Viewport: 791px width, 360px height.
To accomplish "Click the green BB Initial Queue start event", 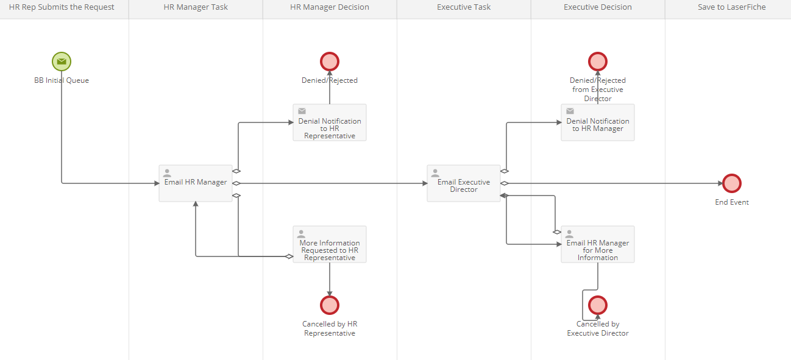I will tap(62, 62).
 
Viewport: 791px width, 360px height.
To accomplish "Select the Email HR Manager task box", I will tap(196, 183).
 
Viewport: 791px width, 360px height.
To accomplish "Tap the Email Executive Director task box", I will tap(464, 183).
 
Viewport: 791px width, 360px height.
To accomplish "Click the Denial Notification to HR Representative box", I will tap(330, 122).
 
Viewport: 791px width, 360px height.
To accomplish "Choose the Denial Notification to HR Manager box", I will tap(598, 122).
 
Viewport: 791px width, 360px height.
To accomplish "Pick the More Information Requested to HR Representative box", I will tap(330, 244).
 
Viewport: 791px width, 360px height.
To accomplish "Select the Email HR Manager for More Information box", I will tap(598, 244).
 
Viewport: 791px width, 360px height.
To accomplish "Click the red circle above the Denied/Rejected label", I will tap(330, 62).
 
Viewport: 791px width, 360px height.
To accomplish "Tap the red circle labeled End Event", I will tap(732, 183).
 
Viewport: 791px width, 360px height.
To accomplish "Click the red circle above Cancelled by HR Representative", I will tap(330, 305).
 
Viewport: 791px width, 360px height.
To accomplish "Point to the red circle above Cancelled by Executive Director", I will tap(598, 305).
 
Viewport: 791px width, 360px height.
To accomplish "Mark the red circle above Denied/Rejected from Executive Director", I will tap(598, 62).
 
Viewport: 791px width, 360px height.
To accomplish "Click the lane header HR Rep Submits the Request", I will tap(62, 7).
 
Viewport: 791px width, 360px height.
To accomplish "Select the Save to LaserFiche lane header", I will tap(732, 7).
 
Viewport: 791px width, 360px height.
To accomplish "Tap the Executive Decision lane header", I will tap(598, 7).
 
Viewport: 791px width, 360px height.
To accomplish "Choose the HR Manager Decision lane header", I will tap(330, 7).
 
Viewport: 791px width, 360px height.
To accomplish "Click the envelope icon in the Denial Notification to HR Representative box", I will tap(302, 111).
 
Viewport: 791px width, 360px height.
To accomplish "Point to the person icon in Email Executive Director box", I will tap(435, 173).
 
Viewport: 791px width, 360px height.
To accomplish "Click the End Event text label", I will tap(732, 202).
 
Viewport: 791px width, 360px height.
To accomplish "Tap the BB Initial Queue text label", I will tap(62, 80).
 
